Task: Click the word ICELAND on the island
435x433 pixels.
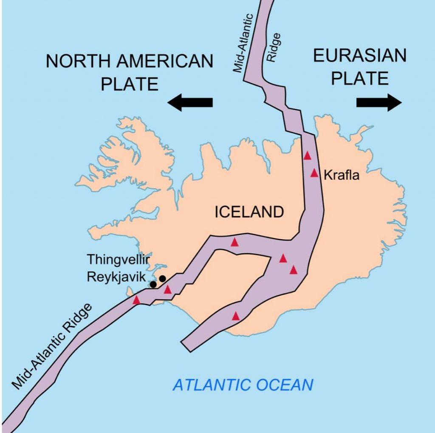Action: pyautogui.click(x=249, y=212)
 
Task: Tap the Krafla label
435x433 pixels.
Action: pyautogui.click(x=342, y=175)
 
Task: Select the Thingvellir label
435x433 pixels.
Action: pyautogui.click(x=119, y=259)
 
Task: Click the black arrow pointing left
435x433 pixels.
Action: pyautogui.click(x=190, y=102)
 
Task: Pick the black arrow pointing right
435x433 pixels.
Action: pyautogui.click(x=379, y=102)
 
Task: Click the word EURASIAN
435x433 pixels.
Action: pyautogui.click(x=359, y=56)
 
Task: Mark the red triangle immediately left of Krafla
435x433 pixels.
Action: pyautogui.click(x=314, y=173)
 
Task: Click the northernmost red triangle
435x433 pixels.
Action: pyautogui.click(x=308, y=156)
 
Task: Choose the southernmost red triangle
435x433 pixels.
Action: pyautogui.click(x=236, y=316)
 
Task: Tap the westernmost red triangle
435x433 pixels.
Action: pyautogui.click(x=136, y=300)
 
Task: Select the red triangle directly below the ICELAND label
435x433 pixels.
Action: pyautogui.click(x=234, y=242)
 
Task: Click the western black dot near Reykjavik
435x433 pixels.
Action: pyautogui.click(x=153, y=284)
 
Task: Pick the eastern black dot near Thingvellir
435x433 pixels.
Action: pyautogui.click(x=162, y=279)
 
